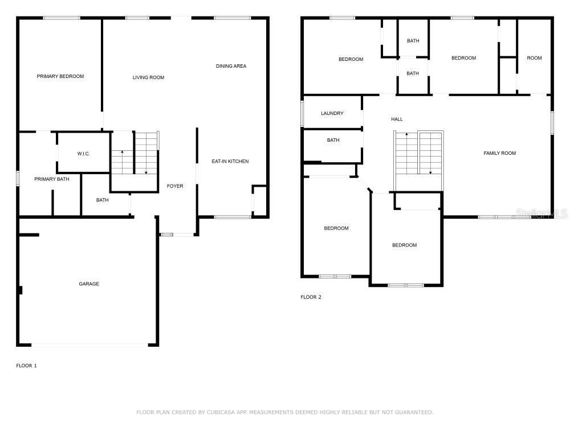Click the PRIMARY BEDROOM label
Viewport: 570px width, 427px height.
tap(60, 76)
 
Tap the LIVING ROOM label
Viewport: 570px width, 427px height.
tap(148, 77)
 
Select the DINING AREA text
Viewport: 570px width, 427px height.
tap(231, 66)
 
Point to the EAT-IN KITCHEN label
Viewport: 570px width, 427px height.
tap(230, 161)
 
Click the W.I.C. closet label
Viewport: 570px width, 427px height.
tap(84, 154)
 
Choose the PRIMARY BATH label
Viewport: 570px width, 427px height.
tap(52, 179)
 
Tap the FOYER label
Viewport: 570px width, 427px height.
tap(175, 186)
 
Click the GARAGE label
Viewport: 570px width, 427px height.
tap(89, 284)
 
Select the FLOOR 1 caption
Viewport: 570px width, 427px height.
tap(26, 366)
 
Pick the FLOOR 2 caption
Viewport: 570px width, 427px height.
tap(311, 297)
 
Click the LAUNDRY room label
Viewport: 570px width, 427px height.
tap(332, 113)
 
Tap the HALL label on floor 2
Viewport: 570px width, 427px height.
tap(397, 119)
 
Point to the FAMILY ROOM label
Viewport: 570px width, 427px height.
tap(499, 153)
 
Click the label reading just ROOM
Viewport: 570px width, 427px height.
tap(534, 58)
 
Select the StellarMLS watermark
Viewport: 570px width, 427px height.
tap(541, 213)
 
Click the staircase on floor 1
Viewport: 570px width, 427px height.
tap(135, 154)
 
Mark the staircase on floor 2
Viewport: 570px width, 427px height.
tap(418, 154)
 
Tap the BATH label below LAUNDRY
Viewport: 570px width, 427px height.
tap(333, 140)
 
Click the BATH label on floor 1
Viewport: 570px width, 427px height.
tap(102, 200)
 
